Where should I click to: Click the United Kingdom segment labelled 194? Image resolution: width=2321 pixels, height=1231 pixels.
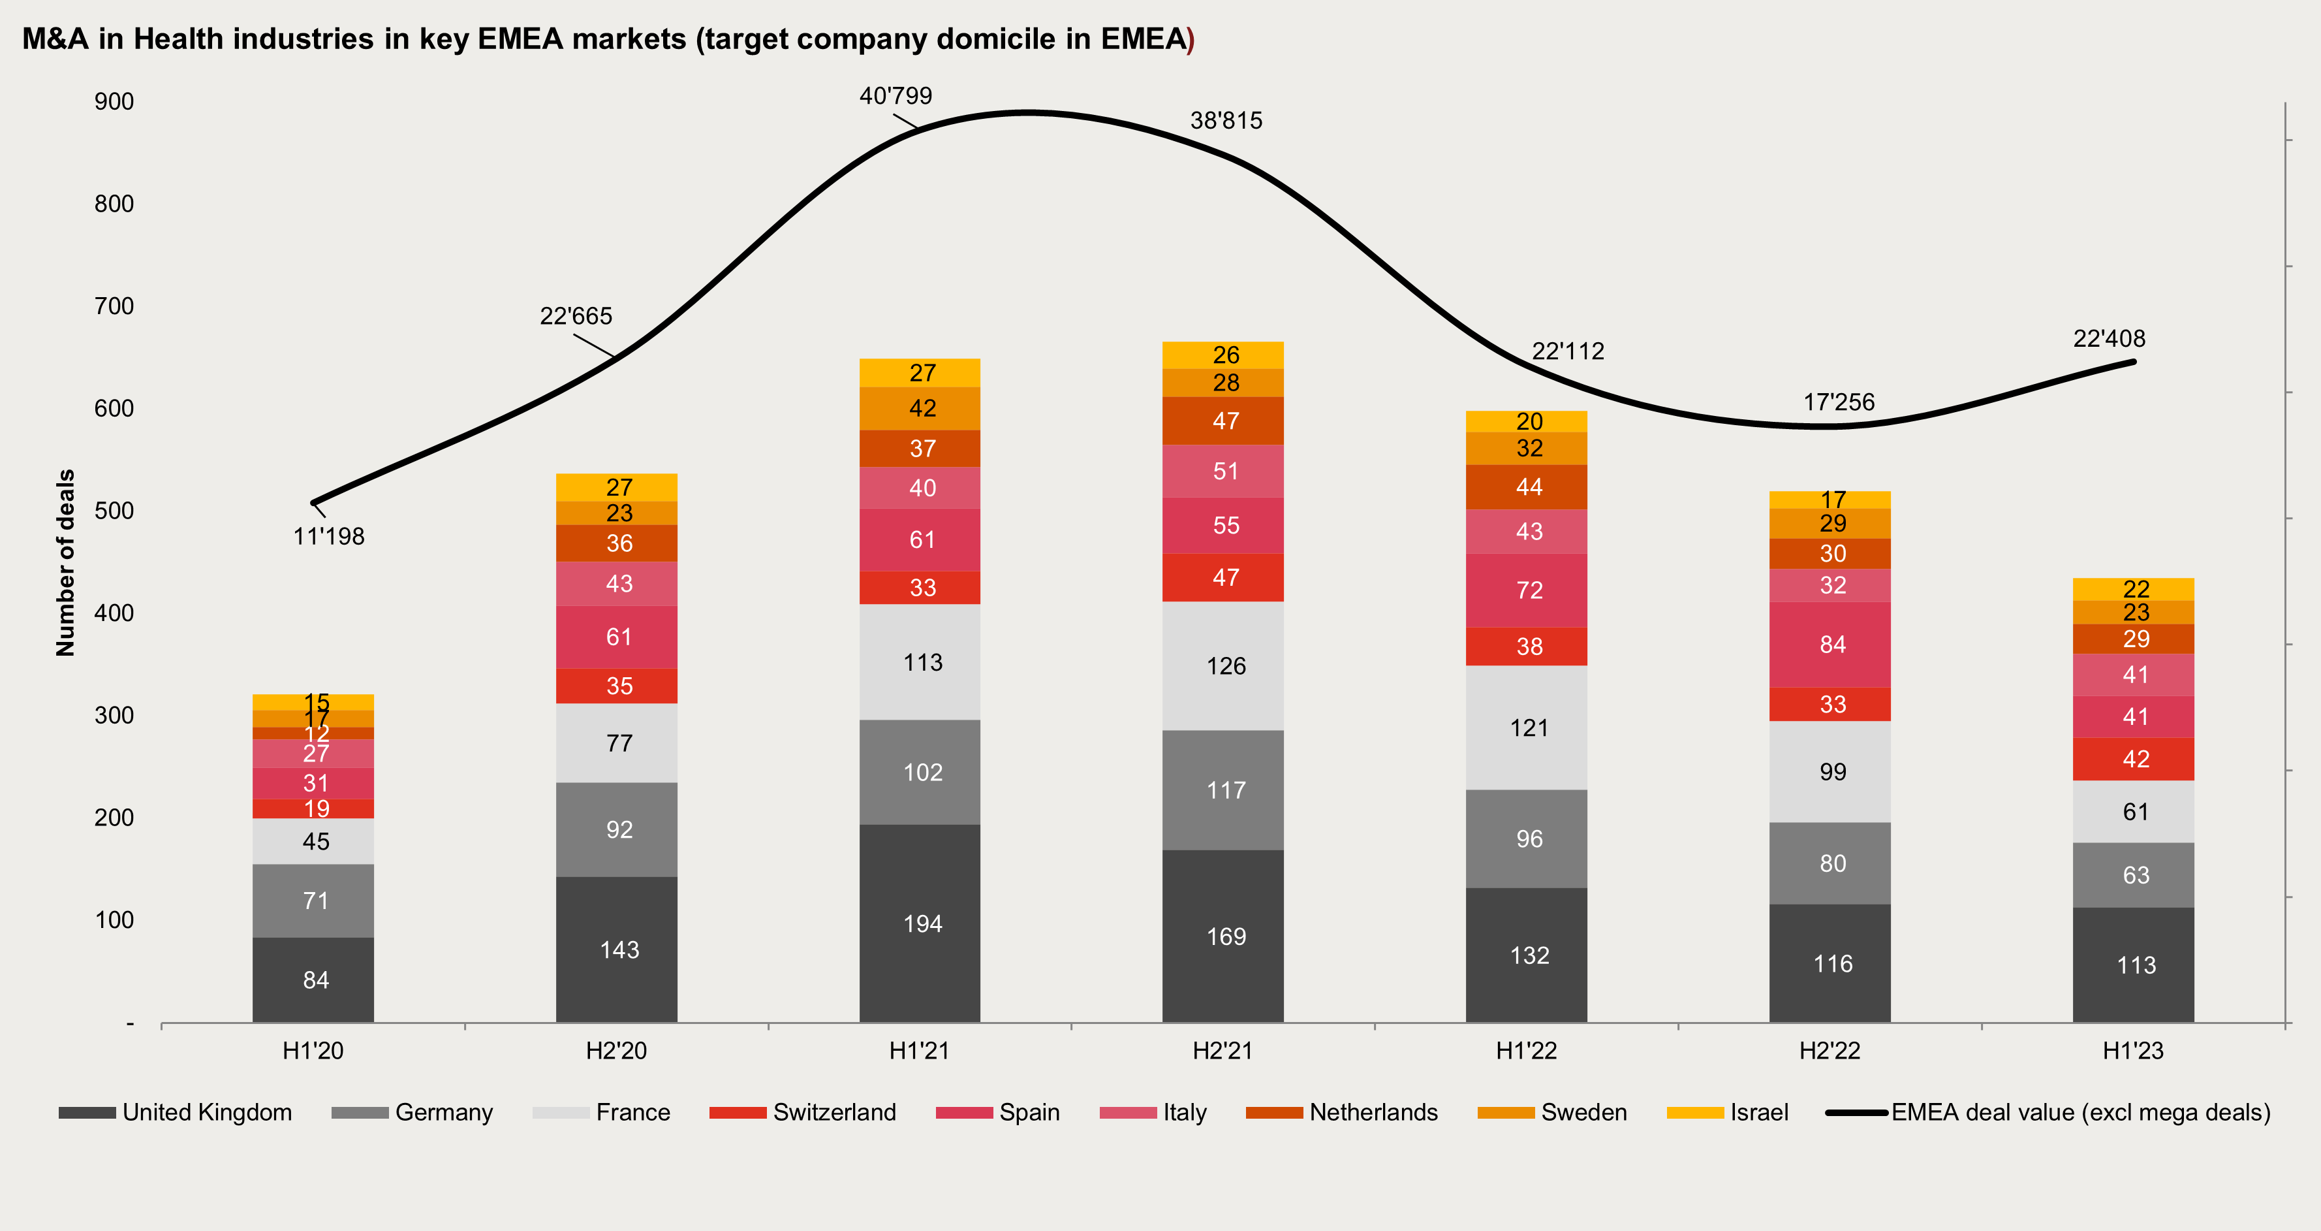pyautogui.click(x=920, y=923)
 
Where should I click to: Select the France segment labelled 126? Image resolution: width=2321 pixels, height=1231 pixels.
pyautogui.click(x=1223, y=666)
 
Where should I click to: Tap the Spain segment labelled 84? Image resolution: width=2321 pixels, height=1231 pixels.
pyautogui.click(x=1830, y=645)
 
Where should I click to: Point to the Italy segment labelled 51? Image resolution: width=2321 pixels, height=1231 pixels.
pyautogui.click(x=1223, y=472)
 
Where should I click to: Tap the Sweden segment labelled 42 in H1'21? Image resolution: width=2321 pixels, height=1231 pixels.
pyautogui.click(x=920, y=408)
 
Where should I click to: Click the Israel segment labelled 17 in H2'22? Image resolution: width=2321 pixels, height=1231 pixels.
pyautogui.click(x=1830, y=499)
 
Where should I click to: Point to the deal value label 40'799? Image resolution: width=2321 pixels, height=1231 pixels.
pyautogui.click(x=896, y=95)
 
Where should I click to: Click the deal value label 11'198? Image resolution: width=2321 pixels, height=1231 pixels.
pyautogui.click(x=329, y=536)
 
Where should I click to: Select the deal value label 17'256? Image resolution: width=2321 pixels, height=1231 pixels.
pyautogui.click(x=1839, y=402)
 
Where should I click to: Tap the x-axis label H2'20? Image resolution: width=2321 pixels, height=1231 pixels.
pyautogui.click(x=616, y=1051)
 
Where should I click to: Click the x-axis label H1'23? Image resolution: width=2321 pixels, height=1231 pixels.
pyautogui.click(x=2132, y=1051)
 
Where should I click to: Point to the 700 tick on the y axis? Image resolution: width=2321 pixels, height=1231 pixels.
pyautogui.click(x=114, y=306)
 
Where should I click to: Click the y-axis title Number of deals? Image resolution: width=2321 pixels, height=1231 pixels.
pyautogui.click(x=66, y=563)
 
